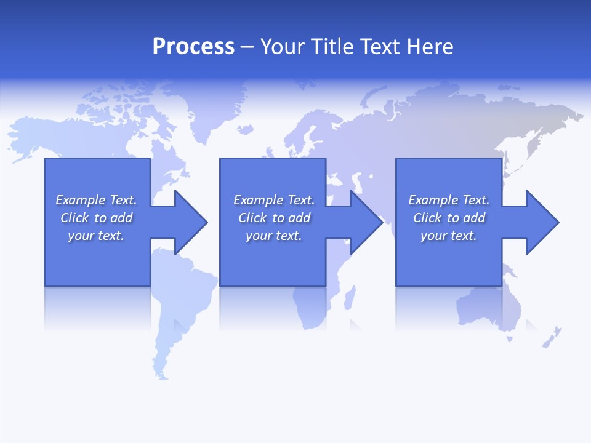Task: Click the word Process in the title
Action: coord(193,47)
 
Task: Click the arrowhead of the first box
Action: coord(190,222)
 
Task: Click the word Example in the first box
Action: coord(81,200)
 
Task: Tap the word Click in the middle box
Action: coord(251,218)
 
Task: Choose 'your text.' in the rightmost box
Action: coord(448,236)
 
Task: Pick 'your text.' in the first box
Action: coord(95,236)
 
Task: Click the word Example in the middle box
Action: coord(259,200)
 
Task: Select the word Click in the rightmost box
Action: coord(427,218)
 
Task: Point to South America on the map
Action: coord(179,308)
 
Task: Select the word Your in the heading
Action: coord(281,47)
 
